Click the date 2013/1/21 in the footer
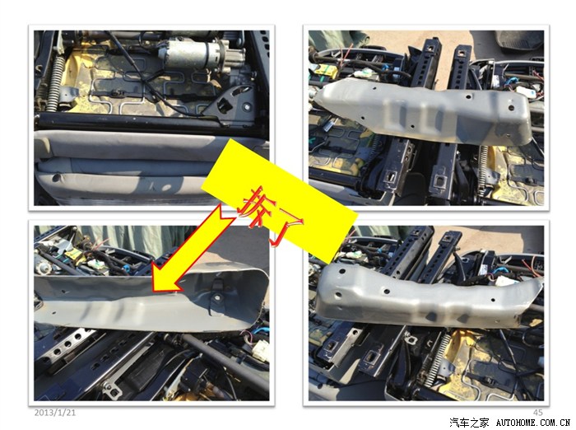[55, 413]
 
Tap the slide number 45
[537, 413]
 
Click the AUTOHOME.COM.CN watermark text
[533, 423]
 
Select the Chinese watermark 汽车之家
[469, 423]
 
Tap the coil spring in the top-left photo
[53, 86]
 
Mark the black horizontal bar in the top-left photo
[147, 121]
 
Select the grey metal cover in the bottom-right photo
[426, 296]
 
